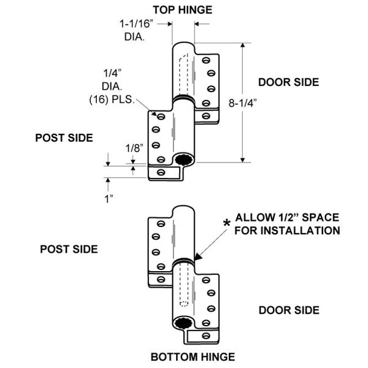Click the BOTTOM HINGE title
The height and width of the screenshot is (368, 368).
pos(184,356)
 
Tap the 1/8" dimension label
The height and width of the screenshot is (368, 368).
pos(133,148)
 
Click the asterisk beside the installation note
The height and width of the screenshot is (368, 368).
pos(227,223)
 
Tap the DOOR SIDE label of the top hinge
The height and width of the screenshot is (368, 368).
pos(288,82)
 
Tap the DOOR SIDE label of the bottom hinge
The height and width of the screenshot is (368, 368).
pos(288,310)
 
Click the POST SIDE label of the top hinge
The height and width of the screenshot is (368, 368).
pos(64,137)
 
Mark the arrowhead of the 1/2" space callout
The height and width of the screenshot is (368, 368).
pos(194,259)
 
